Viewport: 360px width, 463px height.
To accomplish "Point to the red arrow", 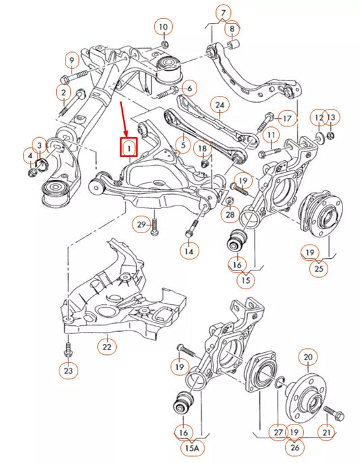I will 123,119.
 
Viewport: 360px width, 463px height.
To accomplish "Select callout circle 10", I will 163,27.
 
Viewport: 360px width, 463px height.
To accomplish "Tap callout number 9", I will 70,62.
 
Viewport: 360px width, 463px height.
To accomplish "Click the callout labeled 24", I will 219,105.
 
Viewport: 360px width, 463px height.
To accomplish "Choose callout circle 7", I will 223,12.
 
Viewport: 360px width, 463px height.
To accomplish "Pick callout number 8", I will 232,28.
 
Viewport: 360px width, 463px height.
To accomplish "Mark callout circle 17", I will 287,118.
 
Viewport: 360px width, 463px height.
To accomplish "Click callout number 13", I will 331,118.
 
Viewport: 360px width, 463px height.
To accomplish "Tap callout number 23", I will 70,370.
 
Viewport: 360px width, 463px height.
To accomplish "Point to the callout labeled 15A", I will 192,447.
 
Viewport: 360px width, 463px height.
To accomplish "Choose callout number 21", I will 326,432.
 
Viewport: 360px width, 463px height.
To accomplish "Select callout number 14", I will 190,249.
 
